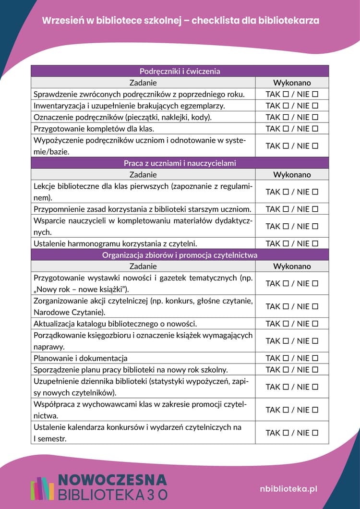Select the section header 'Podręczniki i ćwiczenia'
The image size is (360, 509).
coord(180,71)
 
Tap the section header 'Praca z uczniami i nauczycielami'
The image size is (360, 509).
coord(180,163)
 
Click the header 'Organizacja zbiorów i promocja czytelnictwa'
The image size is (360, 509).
coord(180,255)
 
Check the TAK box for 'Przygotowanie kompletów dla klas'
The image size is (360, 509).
coord(286,129)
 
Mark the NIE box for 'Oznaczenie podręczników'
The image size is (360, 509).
coord(315,117)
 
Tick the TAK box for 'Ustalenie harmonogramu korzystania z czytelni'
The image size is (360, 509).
coord(286,243)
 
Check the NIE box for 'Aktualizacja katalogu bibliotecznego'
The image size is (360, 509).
coord(315,324)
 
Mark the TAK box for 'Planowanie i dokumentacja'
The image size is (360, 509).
coord(286,358)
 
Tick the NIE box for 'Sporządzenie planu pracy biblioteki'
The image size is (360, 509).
coord(315,370)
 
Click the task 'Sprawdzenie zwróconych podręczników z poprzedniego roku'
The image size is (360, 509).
coord(139,94)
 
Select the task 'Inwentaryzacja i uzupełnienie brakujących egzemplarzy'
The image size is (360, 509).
coord(129,106)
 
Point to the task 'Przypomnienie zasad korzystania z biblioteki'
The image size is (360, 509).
coord(142,209)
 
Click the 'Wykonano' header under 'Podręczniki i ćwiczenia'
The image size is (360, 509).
coord(292,83)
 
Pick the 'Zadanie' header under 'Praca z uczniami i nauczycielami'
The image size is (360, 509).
coord(143,175)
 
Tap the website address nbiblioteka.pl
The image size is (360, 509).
coord(288,488)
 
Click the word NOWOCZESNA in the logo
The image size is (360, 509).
coord(112,480)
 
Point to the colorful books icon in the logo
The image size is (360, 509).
coord(42,488)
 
